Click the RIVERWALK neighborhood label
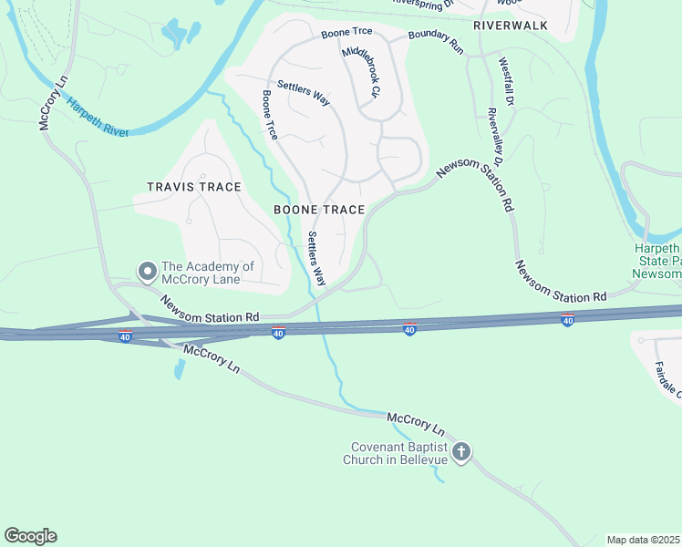[x=511, y=26]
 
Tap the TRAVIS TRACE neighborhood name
[x=194, y=187]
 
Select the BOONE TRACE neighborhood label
[x=319, y=210]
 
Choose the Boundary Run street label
[x=436, y=41]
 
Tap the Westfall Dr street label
[x=507, y=82]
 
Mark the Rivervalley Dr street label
[x=501, y=160]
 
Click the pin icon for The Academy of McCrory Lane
[x=147, y=271]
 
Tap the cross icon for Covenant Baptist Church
[x=461, y=451]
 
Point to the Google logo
[x=30, y=536]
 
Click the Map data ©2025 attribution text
[x=644, y=540]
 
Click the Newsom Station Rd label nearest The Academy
[x=211, y=309]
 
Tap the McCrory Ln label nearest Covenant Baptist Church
[x=416, y=423]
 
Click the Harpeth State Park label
[x=658, y=261]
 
